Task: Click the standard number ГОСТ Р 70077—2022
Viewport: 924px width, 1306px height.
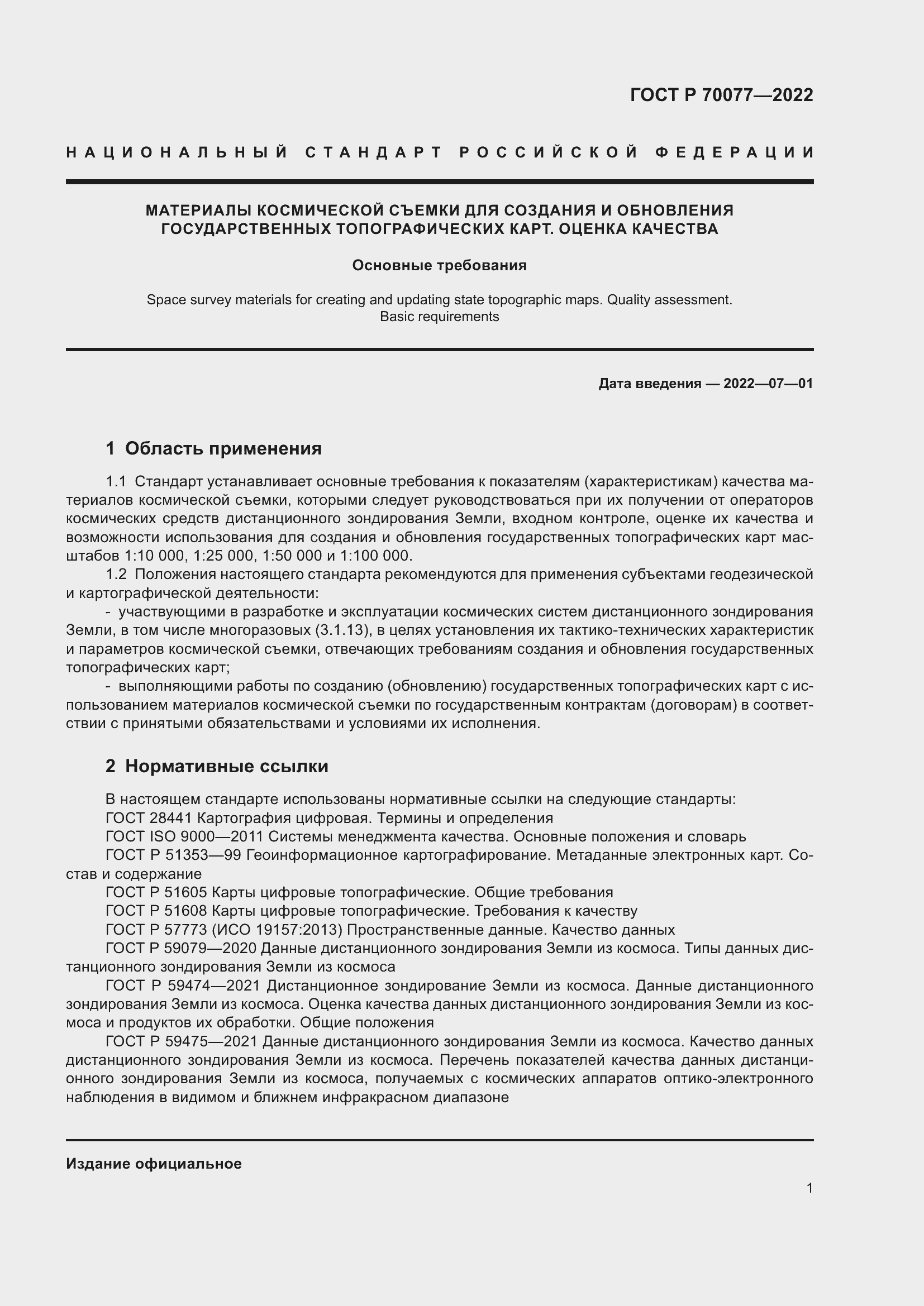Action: (721, 95)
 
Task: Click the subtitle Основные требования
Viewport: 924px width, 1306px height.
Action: (439, 265)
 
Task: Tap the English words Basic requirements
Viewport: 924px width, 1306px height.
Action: (439, 316)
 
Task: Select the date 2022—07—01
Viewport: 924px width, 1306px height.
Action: (768, 384)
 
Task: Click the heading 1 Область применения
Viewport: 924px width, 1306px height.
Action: (213, 448)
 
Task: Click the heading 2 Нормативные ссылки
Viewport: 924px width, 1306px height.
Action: (217, 766)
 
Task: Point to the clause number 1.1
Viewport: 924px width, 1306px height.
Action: (116, 482)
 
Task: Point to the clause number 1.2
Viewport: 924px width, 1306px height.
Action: (116, 575)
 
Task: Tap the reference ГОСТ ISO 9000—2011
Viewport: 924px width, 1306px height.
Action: (184, 837)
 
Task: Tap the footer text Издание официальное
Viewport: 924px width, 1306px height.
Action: (154, 1164)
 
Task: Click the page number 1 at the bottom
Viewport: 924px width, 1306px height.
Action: (809, 1188)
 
